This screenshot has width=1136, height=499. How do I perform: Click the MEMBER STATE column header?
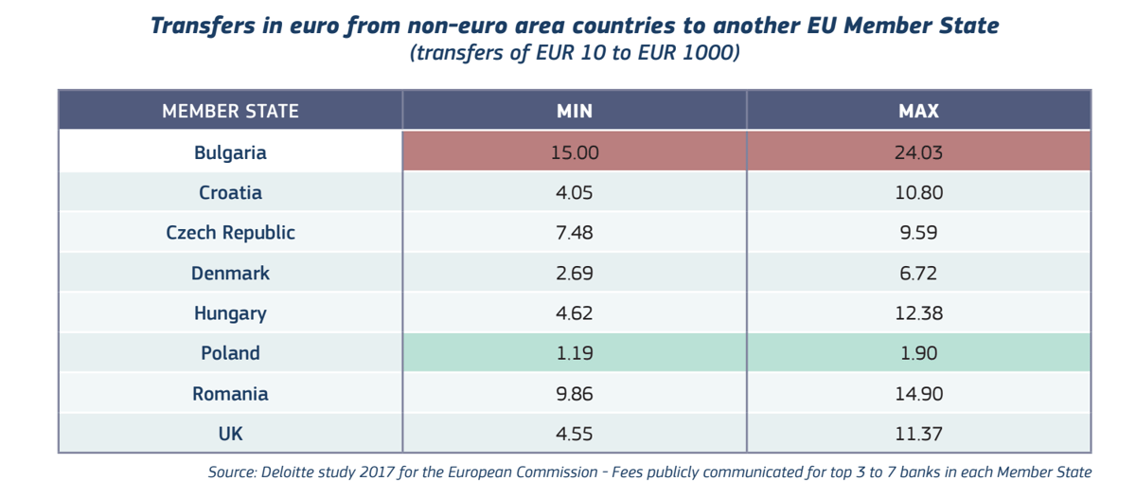230,111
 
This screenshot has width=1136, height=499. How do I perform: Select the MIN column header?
575,111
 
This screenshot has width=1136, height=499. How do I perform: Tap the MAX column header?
918,111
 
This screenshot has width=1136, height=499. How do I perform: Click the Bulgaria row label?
230,152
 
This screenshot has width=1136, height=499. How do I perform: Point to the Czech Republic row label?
230,233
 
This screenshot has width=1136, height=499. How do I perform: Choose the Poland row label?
230,353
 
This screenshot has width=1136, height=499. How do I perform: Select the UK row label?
230,434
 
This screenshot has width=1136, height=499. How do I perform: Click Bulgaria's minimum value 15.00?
575,152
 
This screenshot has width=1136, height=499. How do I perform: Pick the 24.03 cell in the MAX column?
918,152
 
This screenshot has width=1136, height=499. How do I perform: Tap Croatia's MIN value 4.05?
575,193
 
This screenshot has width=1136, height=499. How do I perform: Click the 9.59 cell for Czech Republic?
918,233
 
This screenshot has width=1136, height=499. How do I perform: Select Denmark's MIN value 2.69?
575,274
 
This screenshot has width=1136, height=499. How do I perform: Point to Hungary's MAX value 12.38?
918,312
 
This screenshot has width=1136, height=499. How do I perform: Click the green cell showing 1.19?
575,353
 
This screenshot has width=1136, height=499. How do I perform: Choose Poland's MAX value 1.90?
918,353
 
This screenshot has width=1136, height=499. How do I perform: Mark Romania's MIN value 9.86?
575,394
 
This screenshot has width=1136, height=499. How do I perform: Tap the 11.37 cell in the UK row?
918,434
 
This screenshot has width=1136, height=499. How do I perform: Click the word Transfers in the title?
203,26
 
